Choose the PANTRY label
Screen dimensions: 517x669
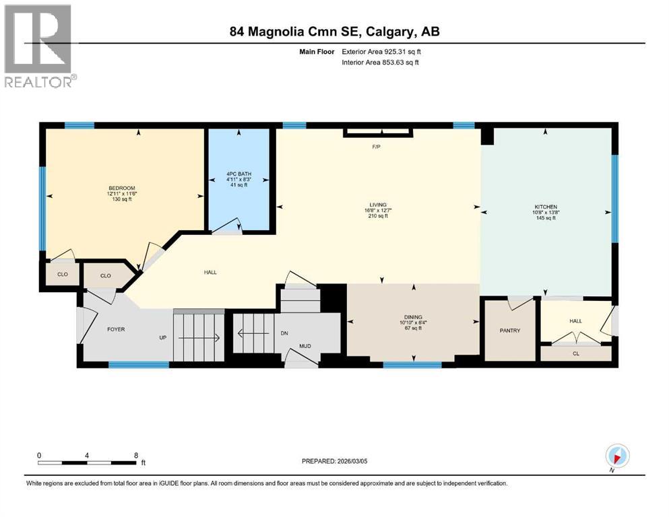point(510,331)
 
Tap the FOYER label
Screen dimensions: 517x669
point(117,329)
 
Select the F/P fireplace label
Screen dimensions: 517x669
point(377,146)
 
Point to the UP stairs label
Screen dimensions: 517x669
point(162,337)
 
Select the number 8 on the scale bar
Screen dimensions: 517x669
point(136,455)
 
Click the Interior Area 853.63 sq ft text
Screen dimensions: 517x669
point(381,63)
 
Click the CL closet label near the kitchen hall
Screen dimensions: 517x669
point(575,353)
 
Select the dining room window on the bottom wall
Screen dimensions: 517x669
point(412,365)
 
